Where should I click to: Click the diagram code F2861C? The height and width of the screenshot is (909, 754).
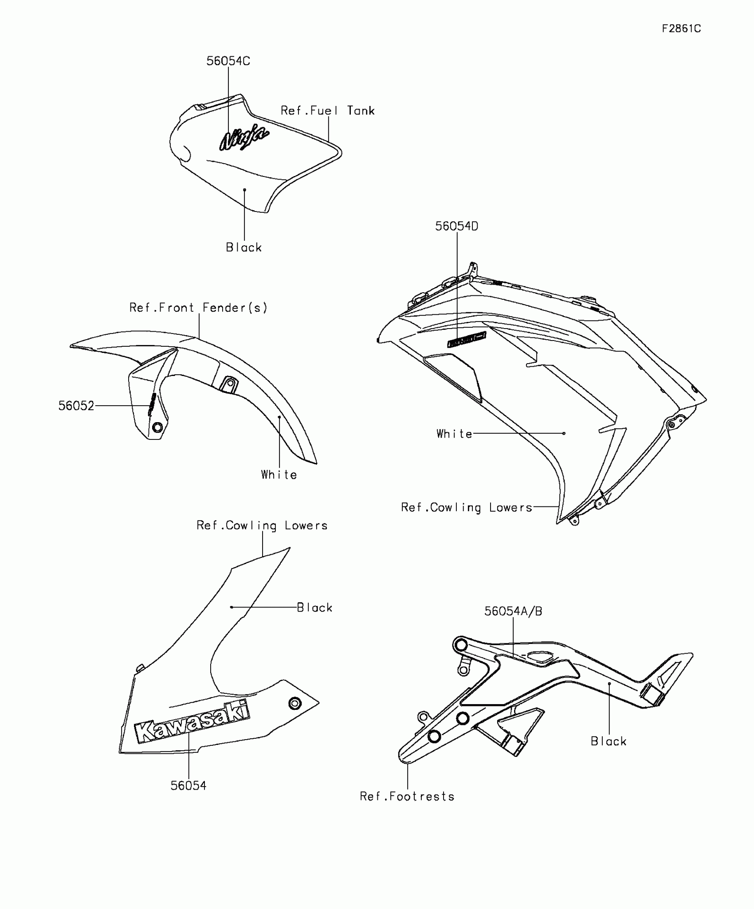(681, 29)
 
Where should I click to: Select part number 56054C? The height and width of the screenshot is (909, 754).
(228, 61)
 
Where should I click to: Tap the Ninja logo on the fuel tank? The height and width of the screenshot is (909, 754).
(244, 137)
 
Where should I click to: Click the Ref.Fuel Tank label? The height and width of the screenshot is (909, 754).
(327, 111)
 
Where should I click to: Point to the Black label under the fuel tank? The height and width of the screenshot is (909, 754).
(244, 247)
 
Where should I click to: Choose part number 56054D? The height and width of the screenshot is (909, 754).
(456, 226)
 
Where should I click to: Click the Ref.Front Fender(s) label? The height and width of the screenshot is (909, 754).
(198, 308)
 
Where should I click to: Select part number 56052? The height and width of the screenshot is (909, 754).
(76, 406)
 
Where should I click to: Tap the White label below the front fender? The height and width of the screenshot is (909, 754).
(279, 475)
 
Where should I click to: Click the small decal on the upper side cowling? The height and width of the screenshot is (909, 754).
(467, 340)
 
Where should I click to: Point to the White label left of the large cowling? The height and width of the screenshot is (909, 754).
(454, 434)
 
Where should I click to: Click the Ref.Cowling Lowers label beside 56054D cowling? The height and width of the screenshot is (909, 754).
(466, 508)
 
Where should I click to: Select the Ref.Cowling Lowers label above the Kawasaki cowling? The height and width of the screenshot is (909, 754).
(262, 525)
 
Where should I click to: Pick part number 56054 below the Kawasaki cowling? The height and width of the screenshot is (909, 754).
(188, 786)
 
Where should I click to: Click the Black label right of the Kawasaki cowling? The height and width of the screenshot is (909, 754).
(314, 607)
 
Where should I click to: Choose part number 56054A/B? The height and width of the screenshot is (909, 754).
(513, 611)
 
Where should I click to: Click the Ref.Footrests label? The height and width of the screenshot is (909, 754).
(407, 797)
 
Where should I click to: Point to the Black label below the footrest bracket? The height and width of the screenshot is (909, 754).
(609, 741)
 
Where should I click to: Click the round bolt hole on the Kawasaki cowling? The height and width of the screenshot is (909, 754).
(295, 703)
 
